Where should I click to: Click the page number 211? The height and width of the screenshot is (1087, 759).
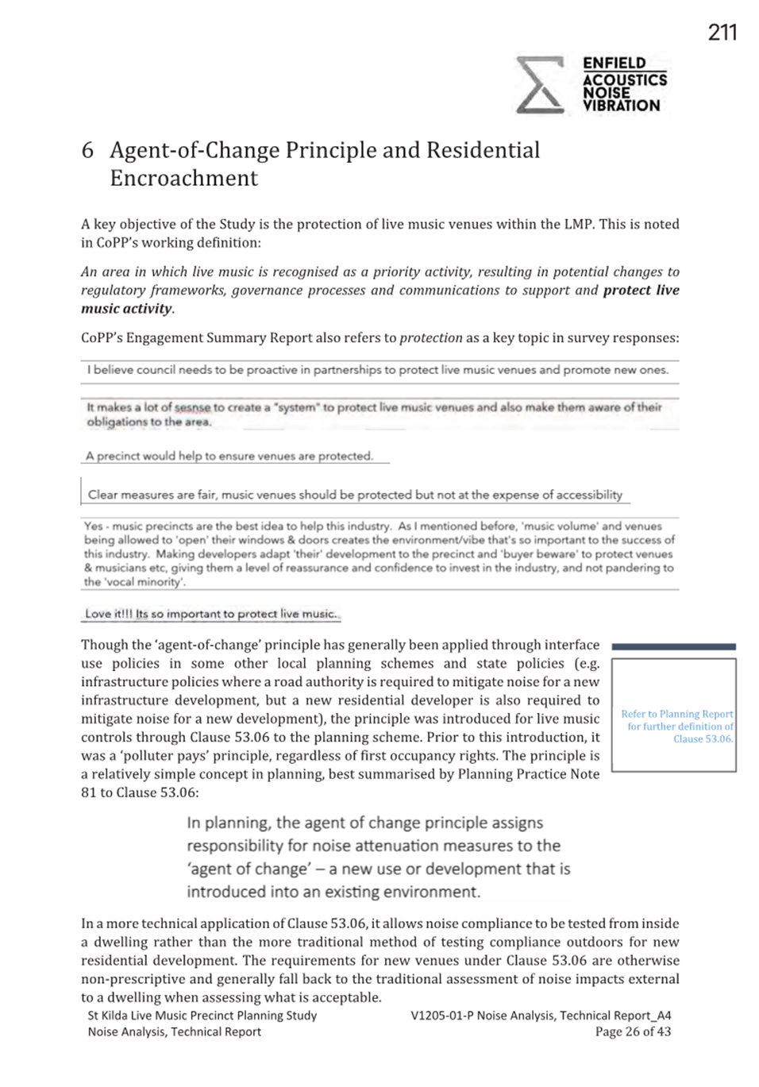click(x=722, y=33)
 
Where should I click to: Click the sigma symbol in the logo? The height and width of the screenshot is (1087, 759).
click(x=540, y=85)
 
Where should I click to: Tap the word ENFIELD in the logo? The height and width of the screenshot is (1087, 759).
click(x=614, y=64)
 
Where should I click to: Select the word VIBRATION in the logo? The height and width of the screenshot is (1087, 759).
click(x=621, y=106)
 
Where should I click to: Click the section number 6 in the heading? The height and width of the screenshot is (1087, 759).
click(x=87, y=150)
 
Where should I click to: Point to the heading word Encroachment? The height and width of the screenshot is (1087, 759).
click(x=184, y=178)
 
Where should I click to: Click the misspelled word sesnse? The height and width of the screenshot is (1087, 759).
click(x=193, y=407)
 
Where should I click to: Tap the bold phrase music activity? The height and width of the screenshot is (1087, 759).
click(x=126, y=309)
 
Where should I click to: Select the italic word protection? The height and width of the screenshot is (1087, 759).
click(x=430, y=337)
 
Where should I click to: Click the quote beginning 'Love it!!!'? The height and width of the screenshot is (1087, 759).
click(x=211, y=614)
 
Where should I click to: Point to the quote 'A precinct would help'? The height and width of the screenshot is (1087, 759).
click(x=229, y=456)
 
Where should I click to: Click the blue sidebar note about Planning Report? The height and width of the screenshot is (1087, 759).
click(x=677, y=726)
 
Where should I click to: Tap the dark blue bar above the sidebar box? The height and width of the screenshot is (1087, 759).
click(x=673, y=647)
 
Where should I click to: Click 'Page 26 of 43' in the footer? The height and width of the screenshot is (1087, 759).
click(x=633, y=1031)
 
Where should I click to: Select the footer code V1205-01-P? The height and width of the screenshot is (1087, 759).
click(x=441, y=1015)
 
